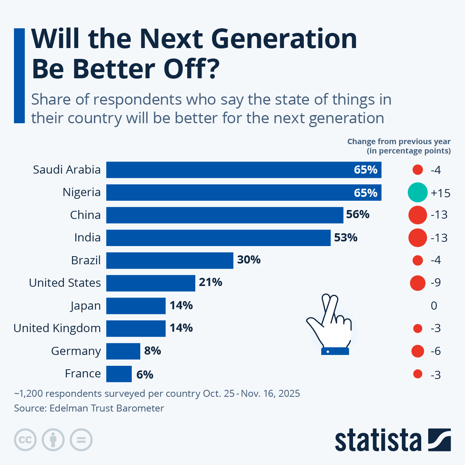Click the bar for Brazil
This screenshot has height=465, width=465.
coord(170,260)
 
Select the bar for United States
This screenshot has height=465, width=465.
coord(150,283)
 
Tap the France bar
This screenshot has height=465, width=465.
coord(119,374)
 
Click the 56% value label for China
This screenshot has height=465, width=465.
coord(358,215)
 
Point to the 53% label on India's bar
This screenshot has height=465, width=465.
coord(346,238)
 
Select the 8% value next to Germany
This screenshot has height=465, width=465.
coord(153,351)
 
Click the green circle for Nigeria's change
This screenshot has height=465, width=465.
coord(418,193)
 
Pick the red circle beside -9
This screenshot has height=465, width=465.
coord(418,283)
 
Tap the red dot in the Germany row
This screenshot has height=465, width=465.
coord(418,351)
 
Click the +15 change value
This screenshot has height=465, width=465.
coord(441,193)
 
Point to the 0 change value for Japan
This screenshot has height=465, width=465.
coord(434,306)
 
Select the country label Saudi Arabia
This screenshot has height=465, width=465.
coord(67,170)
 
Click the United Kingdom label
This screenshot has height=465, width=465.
coord(57,328)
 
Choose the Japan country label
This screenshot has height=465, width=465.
coord(85,306)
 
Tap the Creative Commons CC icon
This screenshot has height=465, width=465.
coord(25,440)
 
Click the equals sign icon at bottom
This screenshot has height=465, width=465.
coord(81,440)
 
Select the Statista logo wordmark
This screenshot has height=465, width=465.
coord(378,440)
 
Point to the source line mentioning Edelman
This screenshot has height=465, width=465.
coord(89,408)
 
